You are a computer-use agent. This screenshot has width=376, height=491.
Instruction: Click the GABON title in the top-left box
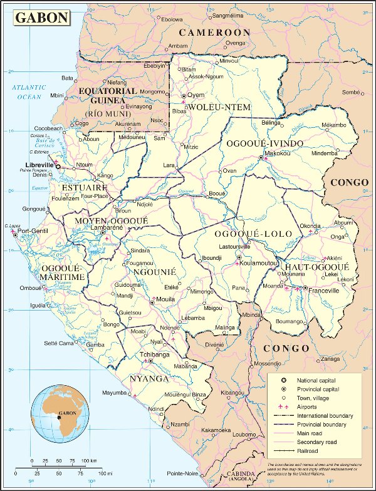(x=42, y=17)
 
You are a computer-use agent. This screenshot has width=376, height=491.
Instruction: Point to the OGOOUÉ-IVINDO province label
(x=264, y=143)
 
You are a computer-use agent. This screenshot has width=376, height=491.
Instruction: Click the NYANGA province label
(x=149, y=379)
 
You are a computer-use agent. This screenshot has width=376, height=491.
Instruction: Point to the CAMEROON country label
(x=214, y=32)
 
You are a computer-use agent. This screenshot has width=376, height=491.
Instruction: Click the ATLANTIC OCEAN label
(x=29, y=92)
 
